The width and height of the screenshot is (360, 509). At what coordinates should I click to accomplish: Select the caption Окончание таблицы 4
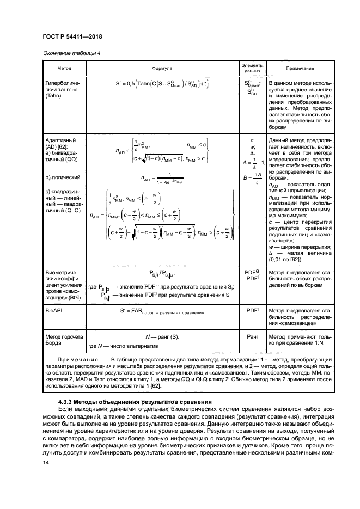coord(71,53)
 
